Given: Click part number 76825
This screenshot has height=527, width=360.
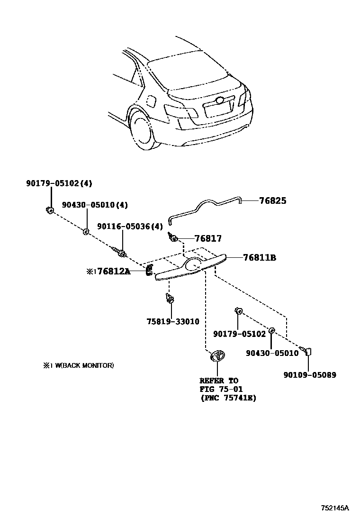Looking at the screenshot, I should pos(272,201).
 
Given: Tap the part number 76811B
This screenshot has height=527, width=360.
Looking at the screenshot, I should pos(259,258).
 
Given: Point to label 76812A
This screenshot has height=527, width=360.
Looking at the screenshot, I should pos(113,271).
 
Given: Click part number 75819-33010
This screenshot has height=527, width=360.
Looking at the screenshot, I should pos(172,322).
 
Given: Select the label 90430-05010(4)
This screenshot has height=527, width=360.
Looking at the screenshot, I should pos(94,205).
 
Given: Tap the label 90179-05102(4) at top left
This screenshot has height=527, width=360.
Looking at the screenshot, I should pos(59,183).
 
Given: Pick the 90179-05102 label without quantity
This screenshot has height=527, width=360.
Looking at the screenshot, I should pos(240,334).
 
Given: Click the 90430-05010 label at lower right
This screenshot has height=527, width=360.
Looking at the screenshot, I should pos(272,353).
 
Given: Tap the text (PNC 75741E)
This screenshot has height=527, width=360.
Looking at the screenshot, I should pos(227,398).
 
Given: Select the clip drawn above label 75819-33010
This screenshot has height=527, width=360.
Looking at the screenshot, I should pos(169,299).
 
